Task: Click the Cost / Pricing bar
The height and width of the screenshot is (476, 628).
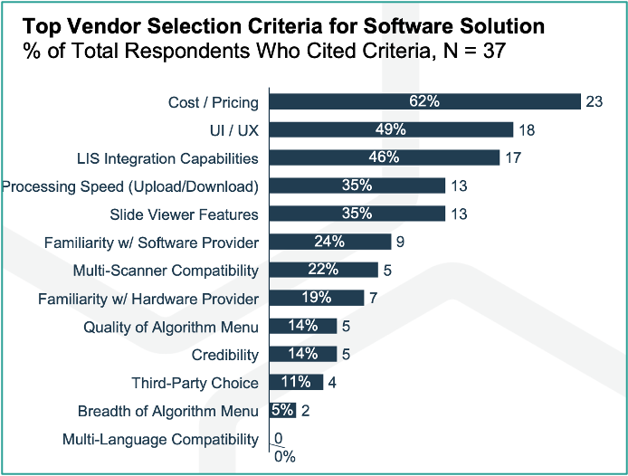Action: [x=425, y=101]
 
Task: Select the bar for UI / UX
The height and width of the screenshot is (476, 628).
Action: [x=391, y=129]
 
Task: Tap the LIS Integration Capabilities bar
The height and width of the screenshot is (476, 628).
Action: [x=385, y=157]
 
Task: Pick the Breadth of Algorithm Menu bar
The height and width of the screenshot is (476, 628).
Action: [x=282, y=410]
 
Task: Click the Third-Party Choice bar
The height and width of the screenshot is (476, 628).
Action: [x=297, y=382]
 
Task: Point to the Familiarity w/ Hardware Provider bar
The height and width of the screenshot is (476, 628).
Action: [x=317, y=298]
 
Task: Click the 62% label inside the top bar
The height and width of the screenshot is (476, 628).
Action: [x=424, y=101]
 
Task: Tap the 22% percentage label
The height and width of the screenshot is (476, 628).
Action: [x=323, y=270]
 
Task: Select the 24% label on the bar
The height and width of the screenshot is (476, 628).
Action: [x=329, y=242]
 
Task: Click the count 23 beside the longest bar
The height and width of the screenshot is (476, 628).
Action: [x=595, y=101]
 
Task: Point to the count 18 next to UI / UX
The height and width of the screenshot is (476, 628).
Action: [x=527, y=130]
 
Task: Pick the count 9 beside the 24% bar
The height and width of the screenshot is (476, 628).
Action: [x=400, y=242]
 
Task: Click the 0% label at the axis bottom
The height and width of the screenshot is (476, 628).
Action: [x=285, y=457]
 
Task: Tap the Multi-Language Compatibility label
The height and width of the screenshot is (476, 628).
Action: [x=160, y=440]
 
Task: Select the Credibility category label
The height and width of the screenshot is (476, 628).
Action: [x=225, y=355]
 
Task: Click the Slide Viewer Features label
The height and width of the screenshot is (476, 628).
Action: [x=185, y=214]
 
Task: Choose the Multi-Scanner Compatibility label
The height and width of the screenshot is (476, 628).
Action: [x=166, y=271]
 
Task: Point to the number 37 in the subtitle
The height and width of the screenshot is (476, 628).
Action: [x=494, y=52]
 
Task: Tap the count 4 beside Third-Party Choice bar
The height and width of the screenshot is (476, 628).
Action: [x=332, y=383]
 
